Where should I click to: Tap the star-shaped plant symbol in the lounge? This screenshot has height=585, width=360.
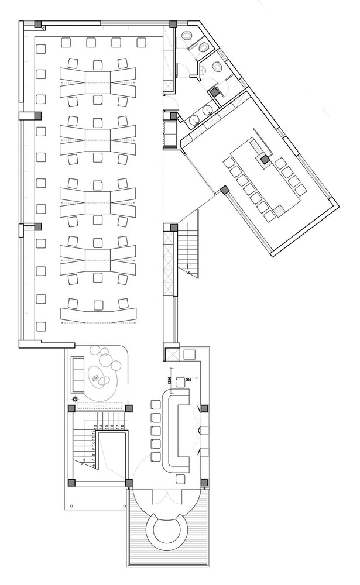(95, 378)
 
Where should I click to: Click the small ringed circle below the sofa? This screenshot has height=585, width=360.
(75, 400)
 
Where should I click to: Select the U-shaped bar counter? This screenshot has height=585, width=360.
(178, 432)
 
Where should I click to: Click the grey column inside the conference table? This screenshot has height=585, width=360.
(265, 158)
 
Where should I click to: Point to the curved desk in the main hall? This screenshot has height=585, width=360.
(97, 315)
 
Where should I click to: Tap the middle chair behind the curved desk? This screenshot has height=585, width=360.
(97, 304)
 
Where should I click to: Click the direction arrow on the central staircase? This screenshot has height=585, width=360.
(187, 270)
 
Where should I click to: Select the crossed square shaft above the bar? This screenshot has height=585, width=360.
(173, 354)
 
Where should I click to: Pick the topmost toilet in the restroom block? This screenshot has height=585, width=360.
(203, 47)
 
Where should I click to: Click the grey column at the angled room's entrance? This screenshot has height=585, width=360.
(224, 190)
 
